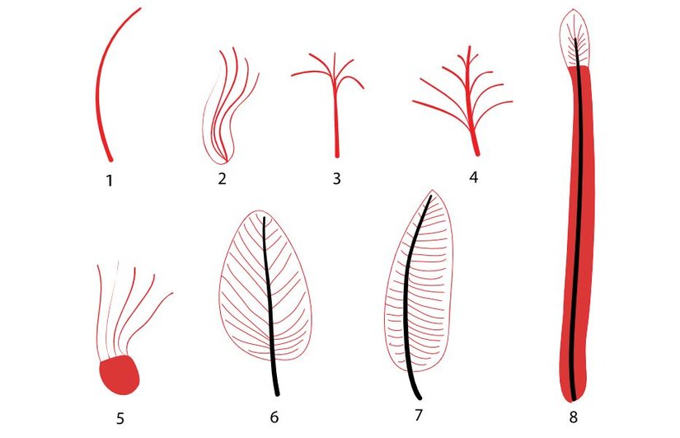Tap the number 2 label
pyautogui.click(x=222, y=179)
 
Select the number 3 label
pyautogui.click(x=336, y=178)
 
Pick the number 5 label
pyautogui.click(x=120, y=418)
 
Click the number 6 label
pyautogui.click(x=274, y=417)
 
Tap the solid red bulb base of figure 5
pyautogui.click(x=120, y=376)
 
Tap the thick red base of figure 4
pyautogui.click(x=475, y=144)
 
